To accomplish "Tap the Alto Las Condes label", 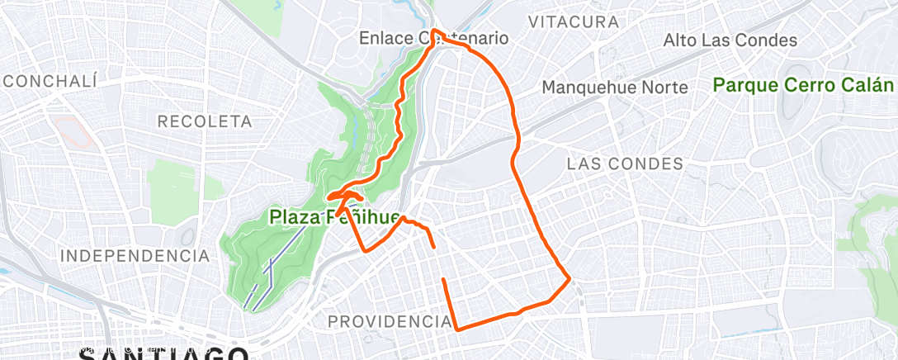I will (730, 40).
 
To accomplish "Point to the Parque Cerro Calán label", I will (803, 85).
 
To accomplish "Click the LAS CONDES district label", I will (625, 163).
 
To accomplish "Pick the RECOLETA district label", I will (205, 121).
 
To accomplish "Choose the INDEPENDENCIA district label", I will (136, 255).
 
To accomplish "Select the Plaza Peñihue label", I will (334, 218).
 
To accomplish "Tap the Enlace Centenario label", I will (433, 38).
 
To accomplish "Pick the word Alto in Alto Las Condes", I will (680, 40).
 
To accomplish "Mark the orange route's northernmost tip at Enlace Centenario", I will (433, 32).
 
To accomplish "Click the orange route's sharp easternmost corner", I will (570, 280).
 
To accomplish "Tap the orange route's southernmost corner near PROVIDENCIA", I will (457, 329).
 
